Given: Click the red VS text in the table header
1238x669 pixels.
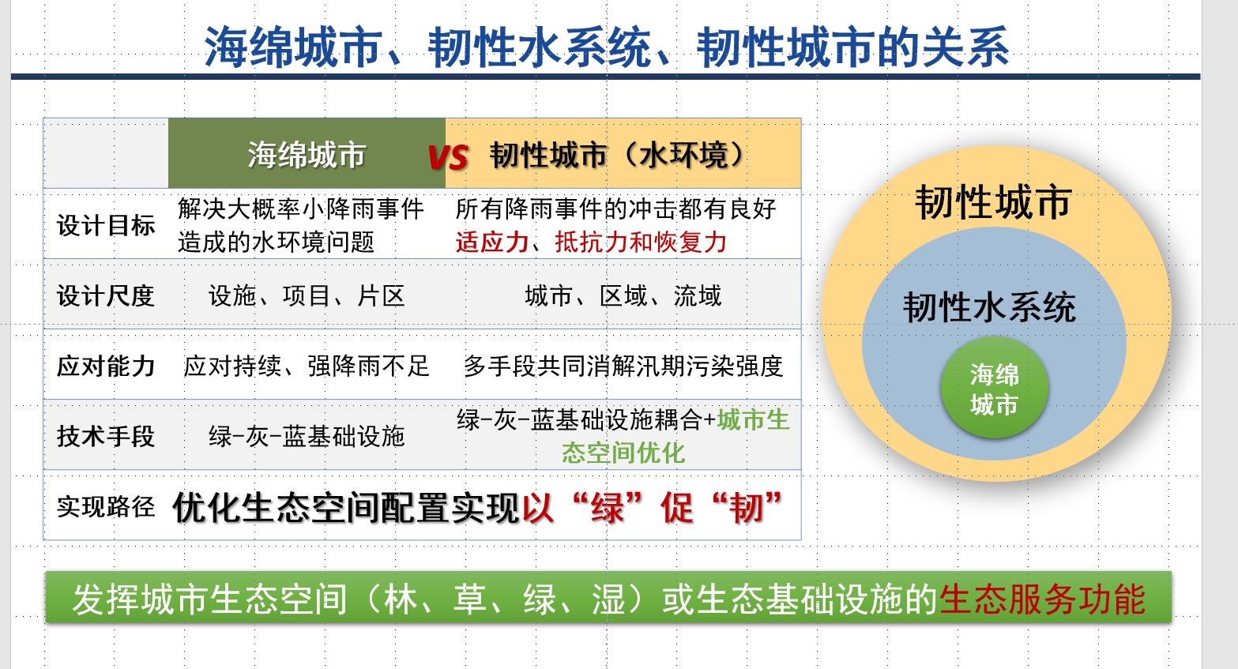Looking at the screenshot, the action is [x=448, y=156].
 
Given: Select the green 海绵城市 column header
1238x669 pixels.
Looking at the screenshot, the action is [x=307, y=154].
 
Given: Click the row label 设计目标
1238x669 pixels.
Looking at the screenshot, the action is [x=106, y=225].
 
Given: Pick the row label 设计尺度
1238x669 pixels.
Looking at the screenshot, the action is [x=106, y=295].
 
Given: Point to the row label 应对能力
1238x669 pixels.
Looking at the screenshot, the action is [x=106, y=366].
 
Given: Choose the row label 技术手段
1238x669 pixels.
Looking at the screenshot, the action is [x=106, y=436].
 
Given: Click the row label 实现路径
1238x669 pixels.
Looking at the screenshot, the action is [x=106, y=506].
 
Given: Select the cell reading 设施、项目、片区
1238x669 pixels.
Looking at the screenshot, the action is [x=307, y=296].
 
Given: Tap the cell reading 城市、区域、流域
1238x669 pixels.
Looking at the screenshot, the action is [x=623, y=296].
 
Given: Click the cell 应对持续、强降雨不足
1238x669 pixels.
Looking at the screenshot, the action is [x=307, y=366].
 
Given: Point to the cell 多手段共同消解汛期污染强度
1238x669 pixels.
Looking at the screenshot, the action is [x=623, y=366].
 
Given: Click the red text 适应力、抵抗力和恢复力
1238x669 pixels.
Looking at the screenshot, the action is [x=591, y=242].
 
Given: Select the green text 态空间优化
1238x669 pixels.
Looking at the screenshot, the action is [x=623, y=453].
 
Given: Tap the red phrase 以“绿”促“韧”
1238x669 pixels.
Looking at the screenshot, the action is [x=652, y=507].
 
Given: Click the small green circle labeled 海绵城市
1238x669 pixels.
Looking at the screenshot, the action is [x=994, y=388].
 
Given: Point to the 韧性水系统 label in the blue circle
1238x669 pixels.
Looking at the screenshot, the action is [x=989, y=307].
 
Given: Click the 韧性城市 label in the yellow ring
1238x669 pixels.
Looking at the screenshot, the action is [x=993, y=202].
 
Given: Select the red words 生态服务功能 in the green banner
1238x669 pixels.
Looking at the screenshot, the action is [x=1042, y=599].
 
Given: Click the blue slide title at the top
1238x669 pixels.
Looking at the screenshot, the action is [x=606, y=47].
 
